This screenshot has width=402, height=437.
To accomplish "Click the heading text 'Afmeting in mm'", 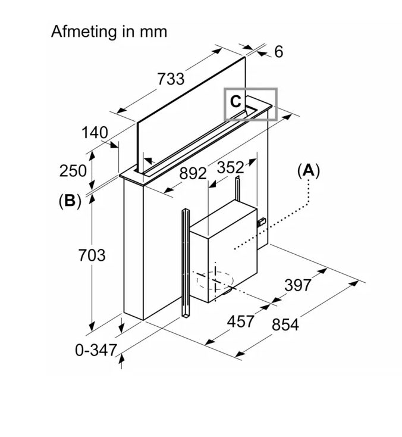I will (109, 31).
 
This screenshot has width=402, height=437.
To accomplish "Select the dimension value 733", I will (171, 78).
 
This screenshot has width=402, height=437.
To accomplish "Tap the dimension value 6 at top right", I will (278, 52).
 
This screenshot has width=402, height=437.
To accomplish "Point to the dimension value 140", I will (95, 132).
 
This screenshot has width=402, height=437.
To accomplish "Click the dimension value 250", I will (73, 170).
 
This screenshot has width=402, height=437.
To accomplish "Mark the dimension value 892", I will (193, 174).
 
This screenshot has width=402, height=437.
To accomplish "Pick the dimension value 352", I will (230, 167).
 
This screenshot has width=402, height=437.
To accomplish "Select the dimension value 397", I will (297, 285).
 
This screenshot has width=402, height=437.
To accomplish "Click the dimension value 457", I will (241, 321).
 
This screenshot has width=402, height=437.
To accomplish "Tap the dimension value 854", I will (285, 324).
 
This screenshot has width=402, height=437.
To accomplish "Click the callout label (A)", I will (309, 171).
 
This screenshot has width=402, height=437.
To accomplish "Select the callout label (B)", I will (70, 201).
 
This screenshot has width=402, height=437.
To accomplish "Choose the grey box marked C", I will (250, 104).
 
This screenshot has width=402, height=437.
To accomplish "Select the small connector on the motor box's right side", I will (260, 222).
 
